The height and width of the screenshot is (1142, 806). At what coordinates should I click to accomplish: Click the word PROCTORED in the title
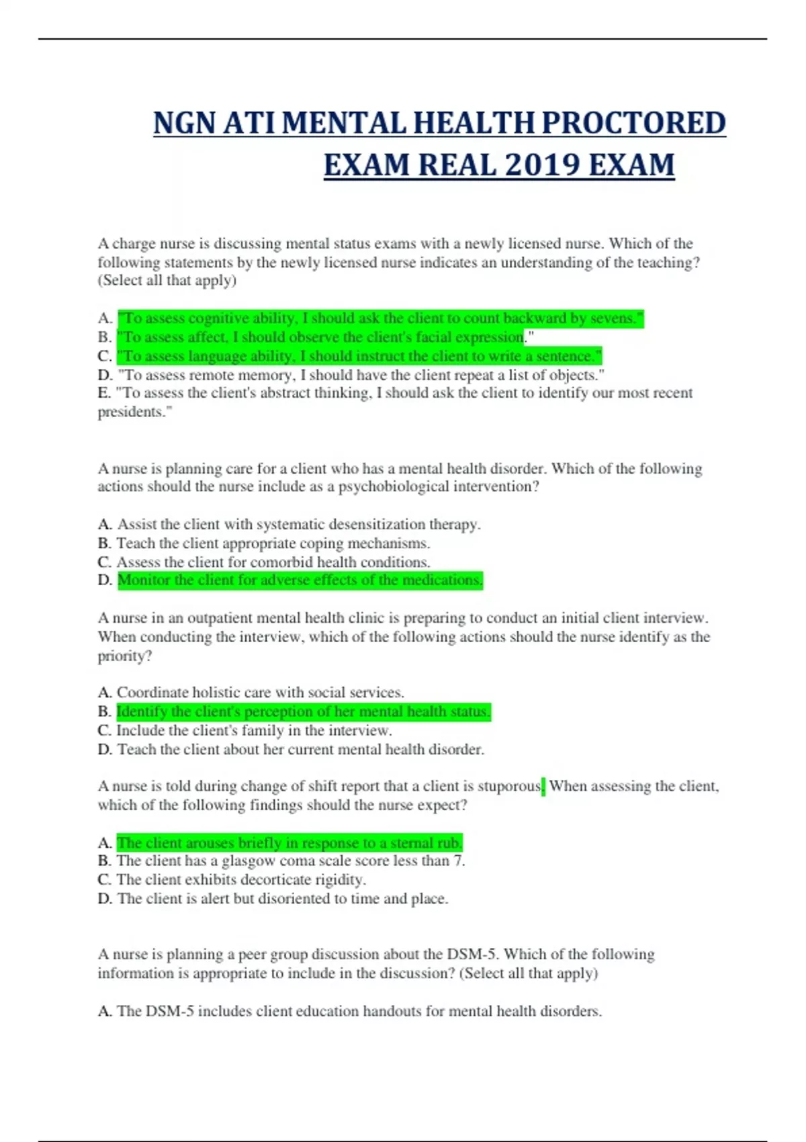(633, 123)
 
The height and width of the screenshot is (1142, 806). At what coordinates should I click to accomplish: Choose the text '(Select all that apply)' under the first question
(167, 281)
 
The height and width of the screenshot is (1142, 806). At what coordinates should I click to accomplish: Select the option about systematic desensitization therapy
(298, 524)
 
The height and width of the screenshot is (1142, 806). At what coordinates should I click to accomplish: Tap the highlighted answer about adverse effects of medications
(300, 580)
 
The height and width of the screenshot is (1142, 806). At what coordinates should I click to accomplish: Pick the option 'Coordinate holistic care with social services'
(260, 693)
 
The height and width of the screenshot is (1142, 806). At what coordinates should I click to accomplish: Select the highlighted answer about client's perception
(303, 711)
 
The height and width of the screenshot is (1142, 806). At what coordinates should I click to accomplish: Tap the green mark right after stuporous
(543, 786)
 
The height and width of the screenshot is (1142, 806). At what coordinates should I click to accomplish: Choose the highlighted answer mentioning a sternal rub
(289, 842)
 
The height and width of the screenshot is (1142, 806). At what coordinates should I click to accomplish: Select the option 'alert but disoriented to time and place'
(282, 898)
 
